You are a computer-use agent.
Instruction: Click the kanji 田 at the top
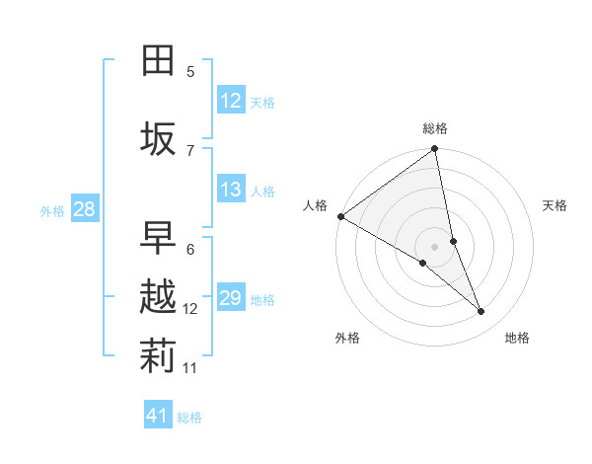(158, 61)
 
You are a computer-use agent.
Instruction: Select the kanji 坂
(158, 139)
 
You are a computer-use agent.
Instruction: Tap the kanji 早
(158, 238)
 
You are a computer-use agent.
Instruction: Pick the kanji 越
(158, 298)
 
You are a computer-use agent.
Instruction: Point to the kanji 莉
(158, 357)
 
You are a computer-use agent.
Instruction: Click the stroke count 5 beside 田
(190, 71)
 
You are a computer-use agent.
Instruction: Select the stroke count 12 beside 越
(190, 309)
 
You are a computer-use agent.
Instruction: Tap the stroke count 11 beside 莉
(190, 368)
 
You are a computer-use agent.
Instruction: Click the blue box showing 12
(231, 101)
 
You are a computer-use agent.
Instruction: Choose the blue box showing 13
(231, 190)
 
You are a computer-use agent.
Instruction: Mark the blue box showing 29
(231, 298)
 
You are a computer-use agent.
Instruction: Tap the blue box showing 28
(84, 209)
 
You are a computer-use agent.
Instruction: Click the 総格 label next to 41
(189, 418)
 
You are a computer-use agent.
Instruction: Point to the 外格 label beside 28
(52, 210)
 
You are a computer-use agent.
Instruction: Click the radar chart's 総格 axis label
(435, 128)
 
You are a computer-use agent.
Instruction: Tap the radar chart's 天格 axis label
(555, 205)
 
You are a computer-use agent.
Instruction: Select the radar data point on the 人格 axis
(340, 216)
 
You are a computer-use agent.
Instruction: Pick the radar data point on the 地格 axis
(481, 311)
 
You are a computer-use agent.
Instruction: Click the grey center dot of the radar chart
(434, 246)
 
